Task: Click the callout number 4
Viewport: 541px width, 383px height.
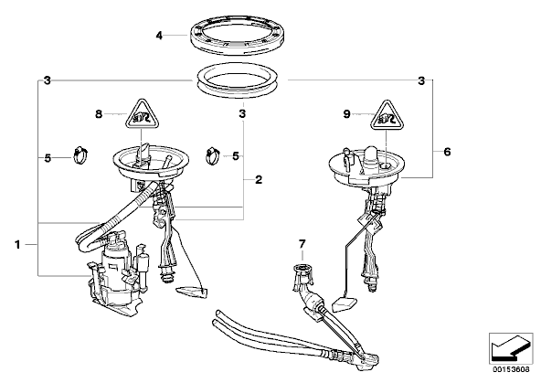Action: pyautogui.click(x=159, y=36)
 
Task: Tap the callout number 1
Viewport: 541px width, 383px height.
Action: pyautogui.click(x=17, y=245)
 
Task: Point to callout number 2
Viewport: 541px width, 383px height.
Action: pyautogui.click(x=259, y=180)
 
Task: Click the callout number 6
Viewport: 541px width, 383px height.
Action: pyautogui.click(x=447, y=152)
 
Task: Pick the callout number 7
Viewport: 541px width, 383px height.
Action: pyautogui.click(x=302, y=244)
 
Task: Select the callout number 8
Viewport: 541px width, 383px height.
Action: pyautogui.click(x=99, y=114)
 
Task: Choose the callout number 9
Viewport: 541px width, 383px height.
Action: pyautogui.click(x=346, y=114)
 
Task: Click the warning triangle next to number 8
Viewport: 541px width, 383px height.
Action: pyautogui.click(x=142, y=115)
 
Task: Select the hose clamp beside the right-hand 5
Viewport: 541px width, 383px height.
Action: pyautogui.click(x=214, y=155)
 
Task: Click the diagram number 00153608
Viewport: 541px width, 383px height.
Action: pyautogui.click(x=511, y=369)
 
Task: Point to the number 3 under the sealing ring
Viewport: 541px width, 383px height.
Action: pyautogui.click(x=242, y=114)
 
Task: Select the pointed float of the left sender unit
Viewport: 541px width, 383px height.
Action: pyautogui.click(x=192, y=292)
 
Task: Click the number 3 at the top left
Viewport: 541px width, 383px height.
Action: pyautogui.click(x=48, y=80)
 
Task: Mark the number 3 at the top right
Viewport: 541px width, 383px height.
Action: pyautogui.click(x=421, y=81)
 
